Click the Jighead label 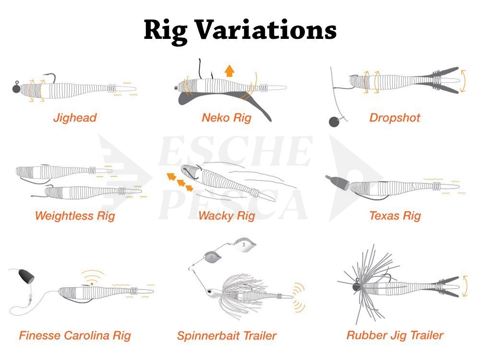click(x=75, y=118)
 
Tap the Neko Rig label click(x=227, y=118)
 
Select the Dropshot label click(x=395, y=118)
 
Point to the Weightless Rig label click(x=75, y=216)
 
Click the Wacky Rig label click(x=227, y=216)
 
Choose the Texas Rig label click(x=395, y=216)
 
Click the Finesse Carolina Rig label click(x=75, y=336)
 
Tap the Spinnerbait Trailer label click(x=227, y=336)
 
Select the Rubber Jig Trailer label click(x=395, y=336)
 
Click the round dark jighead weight click(x=16, y=88)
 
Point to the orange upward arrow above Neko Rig click(x=229, y=71)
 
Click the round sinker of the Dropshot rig click(x=334, y=121)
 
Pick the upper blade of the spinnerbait click(x=245, y=245)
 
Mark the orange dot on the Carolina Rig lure click(x=92, y=284)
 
